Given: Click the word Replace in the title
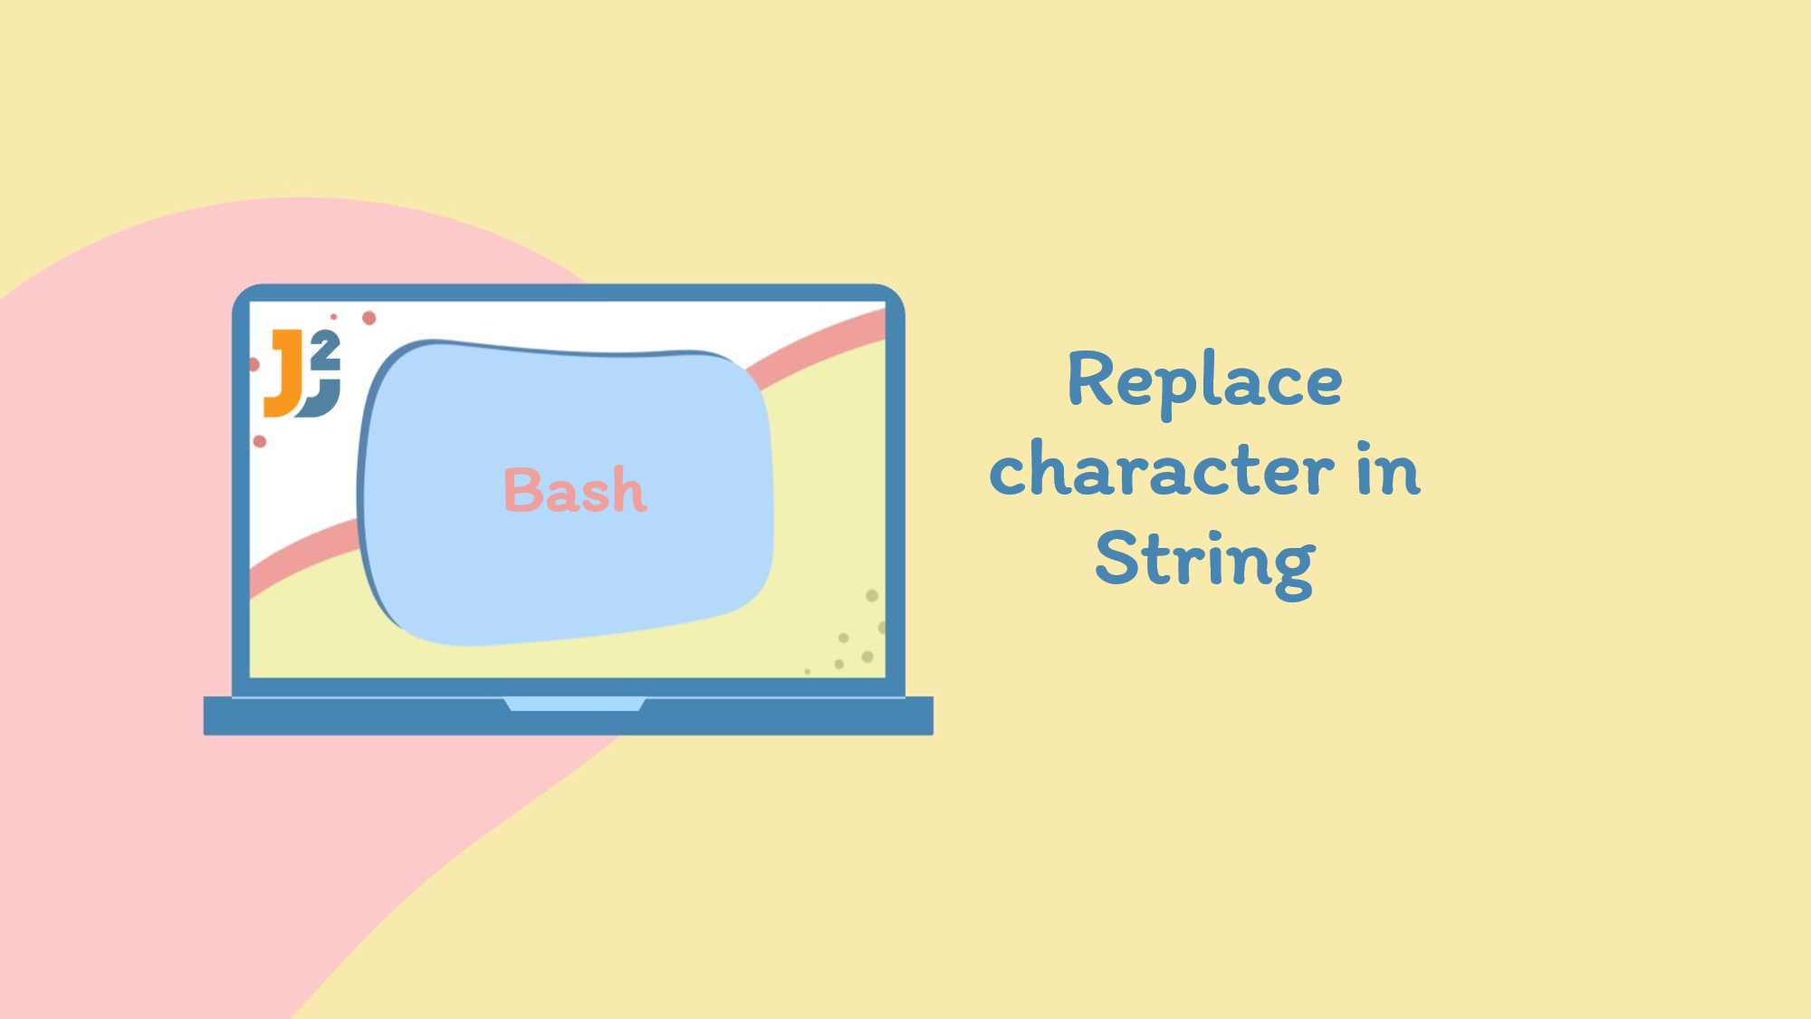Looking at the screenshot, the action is [x=1204, y=381].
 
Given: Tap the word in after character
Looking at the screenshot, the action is [x=1388, y=469].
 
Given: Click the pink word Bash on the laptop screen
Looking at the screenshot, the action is [x=575, y=490].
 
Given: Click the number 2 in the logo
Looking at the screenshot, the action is [x=325, y=350].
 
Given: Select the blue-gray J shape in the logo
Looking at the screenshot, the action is [x=319, y=399].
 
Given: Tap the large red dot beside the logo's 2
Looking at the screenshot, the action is [x=369, y=318].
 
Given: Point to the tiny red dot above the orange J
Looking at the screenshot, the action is [x=333, y=316].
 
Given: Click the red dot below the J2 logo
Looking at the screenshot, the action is [x=260, y=441].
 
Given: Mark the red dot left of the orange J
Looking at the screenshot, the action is [x=254, y=364].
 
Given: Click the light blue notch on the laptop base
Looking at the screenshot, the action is [x=574, y=704].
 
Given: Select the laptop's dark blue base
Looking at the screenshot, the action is [x=569, y=716].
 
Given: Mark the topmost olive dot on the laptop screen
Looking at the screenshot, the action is [x=872, y=595].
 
